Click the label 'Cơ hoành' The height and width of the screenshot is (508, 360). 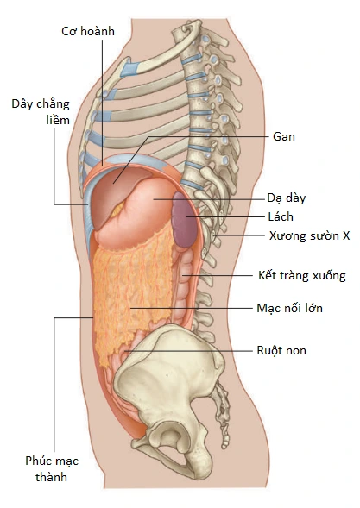(88, 31)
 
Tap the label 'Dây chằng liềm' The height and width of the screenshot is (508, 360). (41, 112)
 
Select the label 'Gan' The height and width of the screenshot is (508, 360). (284, 136)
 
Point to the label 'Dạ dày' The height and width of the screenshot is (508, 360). (287, 198)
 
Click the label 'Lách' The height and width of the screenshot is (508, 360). (281, 216)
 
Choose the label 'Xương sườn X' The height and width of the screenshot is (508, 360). (309, 235)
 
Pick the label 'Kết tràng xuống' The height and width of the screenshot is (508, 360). (302, 275)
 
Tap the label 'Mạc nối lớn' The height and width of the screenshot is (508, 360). (289, 308)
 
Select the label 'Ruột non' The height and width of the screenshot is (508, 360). (281, 350)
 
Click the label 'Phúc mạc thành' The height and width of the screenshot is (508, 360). (52, 468)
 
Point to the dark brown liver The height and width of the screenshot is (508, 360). (112, 191)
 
